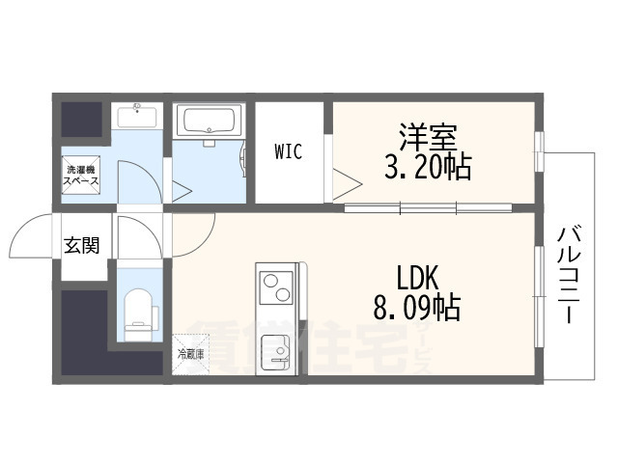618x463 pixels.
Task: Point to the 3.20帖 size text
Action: pos(427,168)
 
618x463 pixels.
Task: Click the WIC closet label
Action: pos(288,151)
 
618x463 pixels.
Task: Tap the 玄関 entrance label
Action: pos(82,246)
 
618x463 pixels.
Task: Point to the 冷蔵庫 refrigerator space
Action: pos(189,353)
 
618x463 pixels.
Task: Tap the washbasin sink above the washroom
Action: pos(137,119)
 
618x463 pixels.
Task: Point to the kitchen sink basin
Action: pos(275,349)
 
